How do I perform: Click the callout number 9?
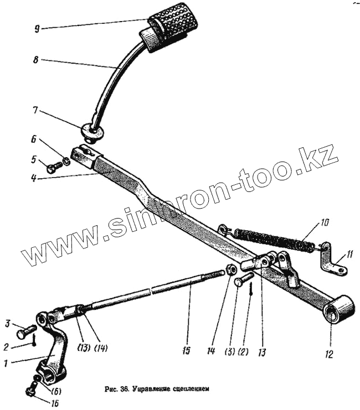36,29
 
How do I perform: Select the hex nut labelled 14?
232,270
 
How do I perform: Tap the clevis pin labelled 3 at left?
24,334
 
